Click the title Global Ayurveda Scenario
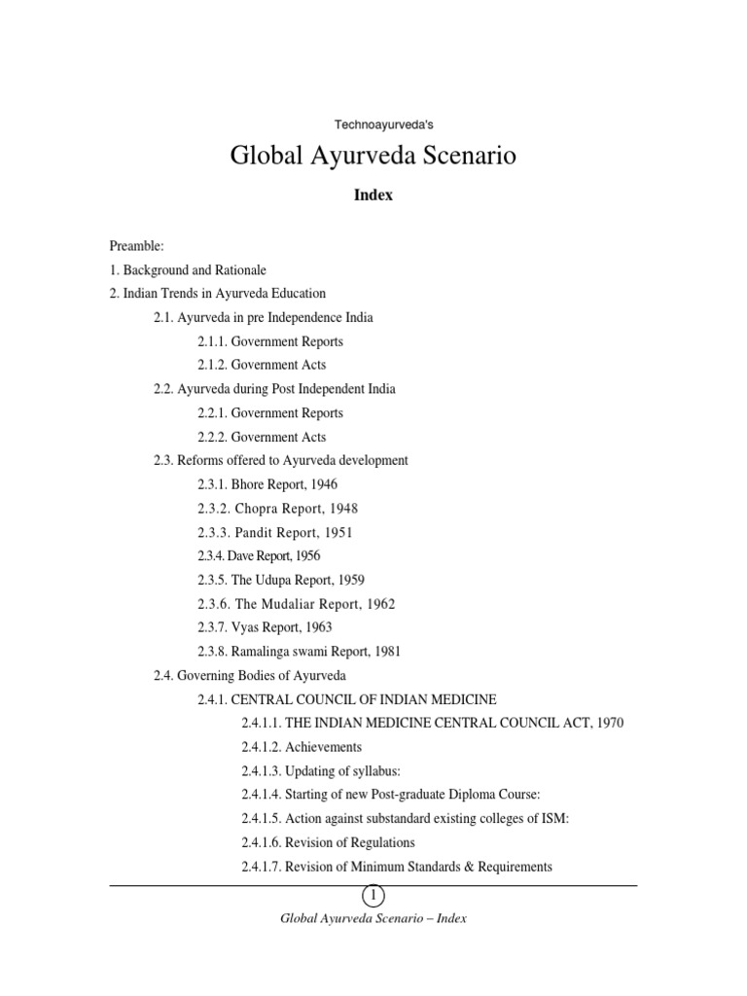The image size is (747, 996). click(373, 156)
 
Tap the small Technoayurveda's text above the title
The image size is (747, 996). click(373, 124)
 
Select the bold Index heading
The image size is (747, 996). click(373, 195)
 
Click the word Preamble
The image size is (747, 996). click(136, 247)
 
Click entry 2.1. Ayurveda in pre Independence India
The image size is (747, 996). click(263, 317)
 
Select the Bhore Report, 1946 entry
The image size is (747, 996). click(267, 483)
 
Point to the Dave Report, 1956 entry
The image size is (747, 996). click(259, 555)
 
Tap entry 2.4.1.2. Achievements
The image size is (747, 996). click(302, 747)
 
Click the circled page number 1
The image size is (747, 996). click(373, 895)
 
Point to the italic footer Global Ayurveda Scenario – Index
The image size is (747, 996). click(373, 918)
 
